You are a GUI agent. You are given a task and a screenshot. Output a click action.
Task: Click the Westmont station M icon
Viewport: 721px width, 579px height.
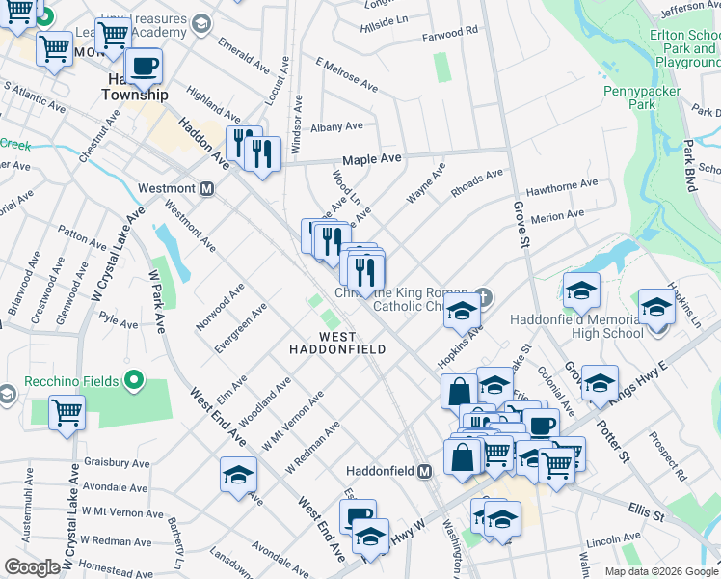click(x=205, y=188)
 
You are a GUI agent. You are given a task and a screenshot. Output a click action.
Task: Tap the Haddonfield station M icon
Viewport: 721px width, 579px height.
click(x=423, y=472)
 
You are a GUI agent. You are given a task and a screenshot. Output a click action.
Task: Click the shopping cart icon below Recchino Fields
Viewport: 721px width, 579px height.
click(x=67, y=413)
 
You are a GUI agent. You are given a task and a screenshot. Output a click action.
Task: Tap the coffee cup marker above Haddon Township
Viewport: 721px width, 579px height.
click(x=144, y=67)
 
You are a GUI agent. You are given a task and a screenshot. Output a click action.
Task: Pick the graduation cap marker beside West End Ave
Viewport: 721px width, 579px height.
click(x=238, y=476)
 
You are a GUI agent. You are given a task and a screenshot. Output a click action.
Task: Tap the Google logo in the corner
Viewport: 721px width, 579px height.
click(x=33, y=567)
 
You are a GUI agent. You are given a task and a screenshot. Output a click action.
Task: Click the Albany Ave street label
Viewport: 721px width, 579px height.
click(x=336, y=126)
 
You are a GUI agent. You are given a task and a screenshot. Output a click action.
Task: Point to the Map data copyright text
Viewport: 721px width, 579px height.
click(x=661, y=571)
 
